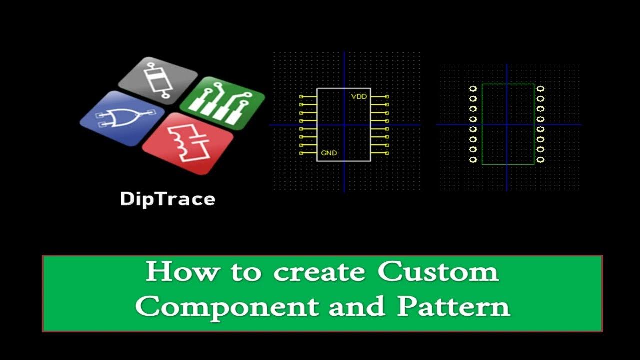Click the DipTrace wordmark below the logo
click(167, 199)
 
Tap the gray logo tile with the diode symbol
click(158, 80)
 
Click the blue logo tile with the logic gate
click(122, 118)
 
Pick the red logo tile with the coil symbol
click(188, 143)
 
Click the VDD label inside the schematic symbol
click(359, 96)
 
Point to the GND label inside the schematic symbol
click(328, 153)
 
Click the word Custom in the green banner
click(438, 273)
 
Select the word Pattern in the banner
click(453, 307)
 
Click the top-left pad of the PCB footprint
click(473, 89)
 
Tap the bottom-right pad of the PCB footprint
click(540, 160)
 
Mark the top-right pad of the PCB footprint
click(540, 89)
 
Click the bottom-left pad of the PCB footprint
click(473, 160)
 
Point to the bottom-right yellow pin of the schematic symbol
click(379, 153)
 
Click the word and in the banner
click(356, 307)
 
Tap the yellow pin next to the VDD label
click(379, 96)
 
